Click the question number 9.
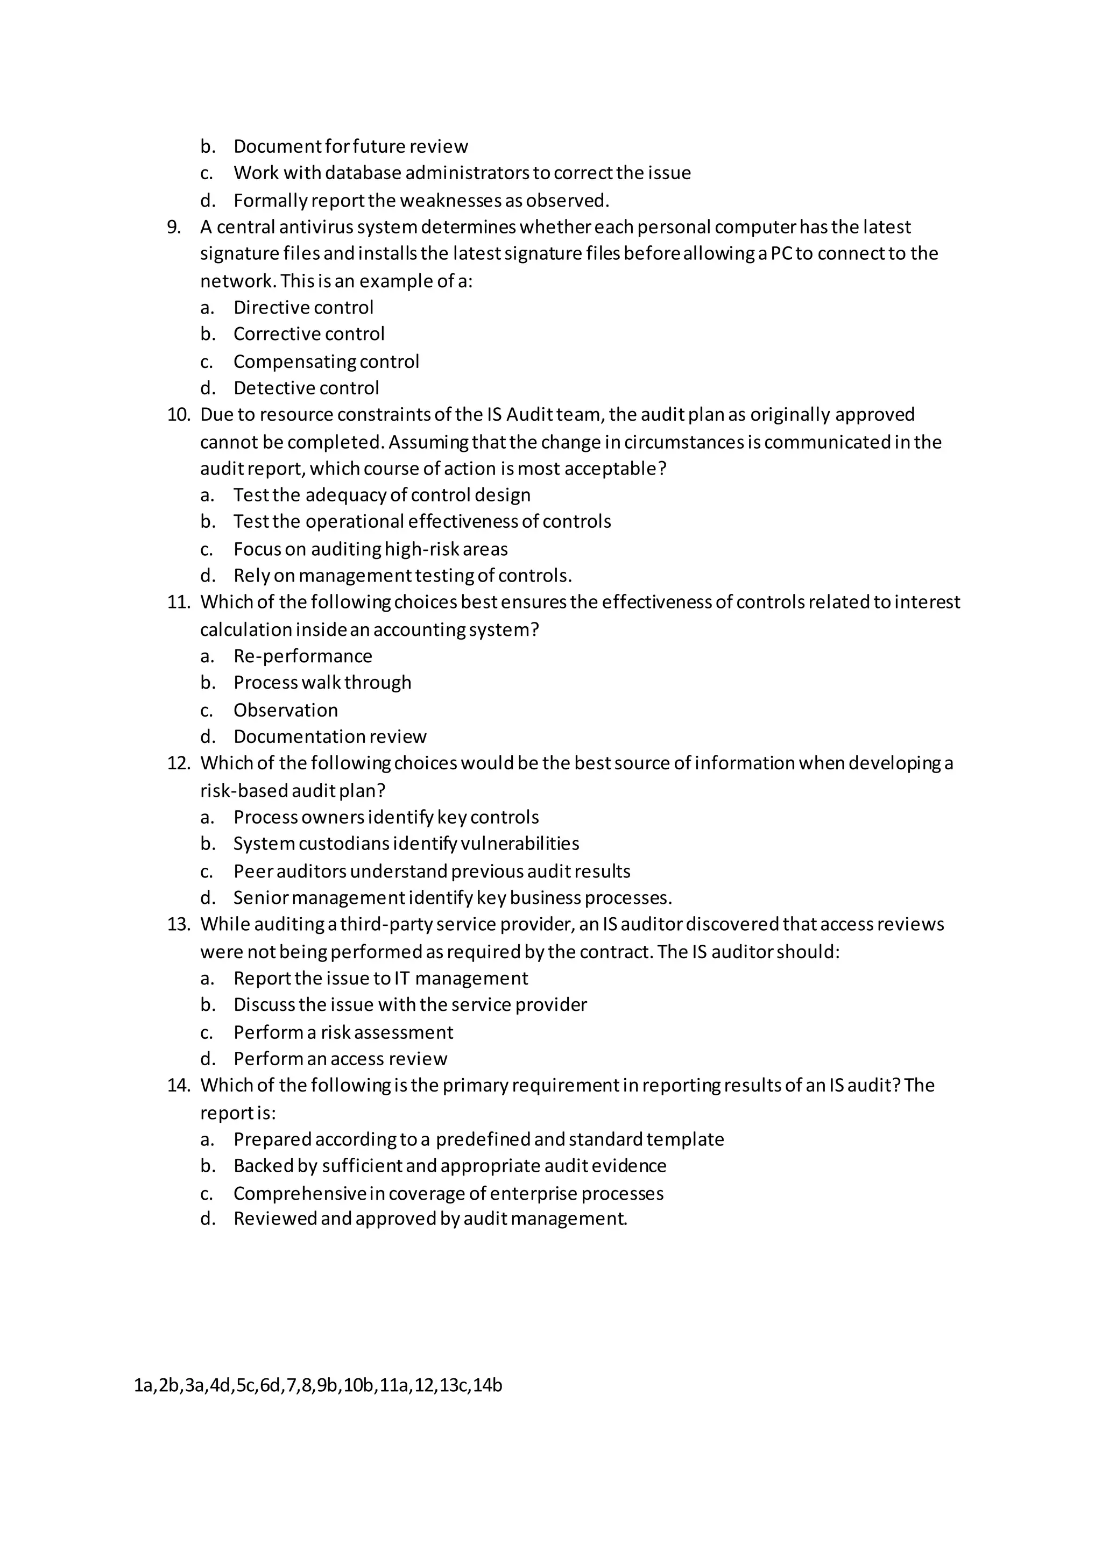coord(174,228)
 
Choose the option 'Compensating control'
coord(326,362)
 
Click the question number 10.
coord(179,415)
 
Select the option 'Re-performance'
coord(302,656)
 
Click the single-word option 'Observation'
coord(285,711)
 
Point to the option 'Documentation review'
coord(330,737)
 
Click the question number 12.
coord(179,763)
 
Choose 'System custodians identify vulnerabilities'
coord(406,844)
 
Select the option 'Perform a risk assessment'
coord(343,1033)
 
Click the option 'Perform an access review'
coord(340,1059)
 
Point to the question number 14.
coord(179,1086)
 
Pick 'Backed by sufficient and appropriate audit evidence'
coord(449,1166)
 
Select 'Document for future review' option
coord(350,146)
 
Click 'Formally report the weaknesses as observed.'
coord(421,201)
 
